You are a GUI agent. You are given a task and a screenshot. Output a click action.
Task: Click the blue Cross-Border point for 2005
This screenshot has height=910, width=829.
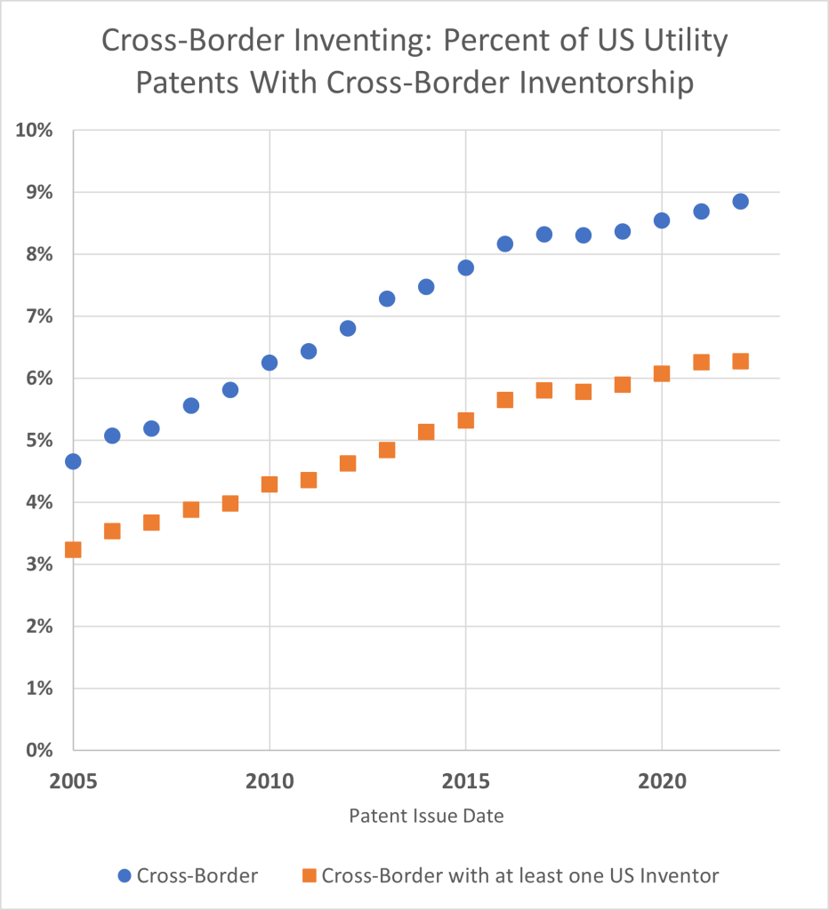coord(73,461)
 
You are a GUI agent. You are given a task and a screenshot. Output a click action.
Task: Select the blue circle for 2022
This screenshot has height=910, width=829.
coord(740,201)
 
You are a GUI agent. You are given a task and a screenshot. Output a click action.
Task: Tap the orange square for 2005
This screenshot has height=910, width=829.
coord(73,549)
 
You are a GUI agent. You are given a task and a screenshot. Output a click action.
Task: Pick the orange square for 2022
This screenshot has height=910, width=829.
coord(740,361)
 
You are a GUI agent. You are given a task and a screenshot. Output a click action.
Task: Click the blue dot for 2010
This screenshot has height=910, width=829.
coord(270,363)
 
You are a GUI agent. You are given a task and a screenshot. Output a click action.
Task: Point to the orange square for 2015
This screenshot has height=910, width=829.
coord(465,420)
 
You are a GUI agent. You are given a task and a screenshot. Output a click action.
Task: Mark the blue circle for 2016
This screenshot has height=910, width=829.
coord(504,243)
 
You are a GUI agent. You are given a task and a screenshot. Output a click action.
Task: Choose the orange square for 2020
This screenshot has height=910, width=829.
coord(662,373)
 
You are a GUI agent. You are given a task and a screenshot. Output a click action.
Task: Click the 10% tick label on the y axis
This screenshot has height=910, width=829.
coord(34,131)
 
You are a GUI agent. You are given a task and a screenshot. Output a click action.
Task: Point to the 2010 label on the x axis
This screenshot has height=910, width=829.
coord(270,782)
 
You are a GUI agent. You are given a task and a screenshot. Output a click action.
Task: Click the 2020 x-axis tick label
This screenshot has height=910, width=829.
coord(662,782)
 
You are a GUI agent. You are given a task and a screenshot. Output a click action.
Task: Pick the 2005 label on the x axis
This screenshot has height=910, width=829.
coord(73,782)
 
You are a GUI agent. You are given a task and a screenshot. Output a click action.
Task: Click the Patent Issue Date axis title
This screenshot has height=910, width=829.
coord(426,816)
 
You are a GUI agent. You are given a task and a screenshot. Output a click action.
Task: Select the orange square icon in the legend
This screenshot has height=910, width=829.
coord(309,875)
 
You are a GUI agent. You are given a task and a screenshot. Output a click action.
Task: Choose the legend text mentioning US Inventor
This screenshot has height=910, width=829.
coord(520,875)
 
